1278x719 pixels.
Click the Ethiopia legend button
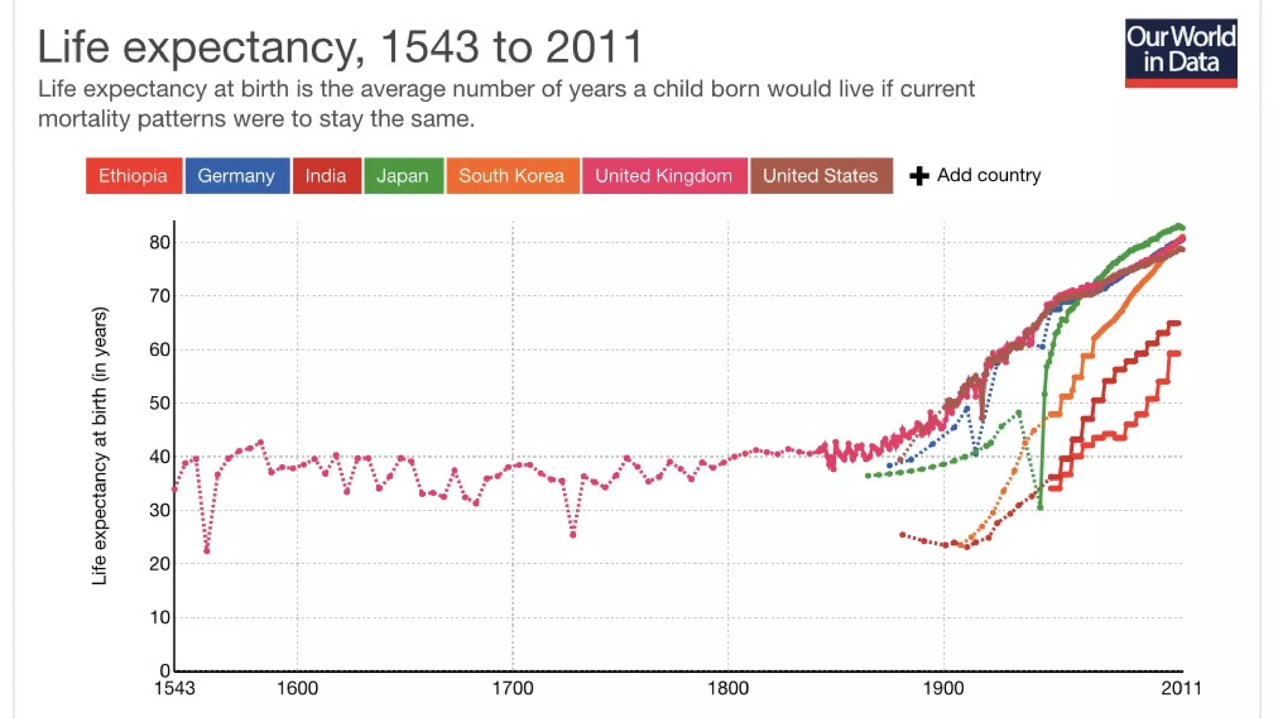coord(134,176)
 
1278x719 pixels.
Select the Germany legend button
coord(237,176)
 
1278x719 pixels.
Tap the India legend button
coord(326,176)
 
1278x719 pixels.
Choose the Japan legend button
coord(403,176)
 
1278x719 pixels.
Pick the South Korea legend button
coord(512,176)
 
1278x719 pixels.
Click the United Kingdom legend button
coord(664,176)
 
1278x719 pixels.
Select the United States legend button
coord(821,176)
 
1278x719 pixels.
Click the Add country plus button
coord(919,176)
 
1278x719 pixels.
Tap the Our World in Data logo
coord(1181,52)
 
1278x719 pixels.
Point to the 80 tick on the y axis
coord(160,242)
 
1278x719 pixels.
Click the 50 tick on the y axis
coord(160,403)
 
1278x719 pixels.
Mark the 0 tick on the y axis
coord(164,671)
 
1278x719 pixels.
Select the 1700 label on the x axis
coord(512,688)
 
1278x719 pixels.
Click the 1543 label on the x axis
coord(174,688)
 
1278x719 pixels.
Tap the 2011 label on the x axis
coord(1181,688)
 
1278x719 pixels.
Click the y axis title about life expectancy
coord(99,446)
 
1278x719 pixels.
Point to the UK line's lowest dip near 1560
coord(207,550)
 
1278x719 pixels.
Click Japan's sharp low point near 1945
coord(1040,507)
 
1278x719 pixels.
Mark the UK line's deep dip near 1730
coord(573,534)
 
